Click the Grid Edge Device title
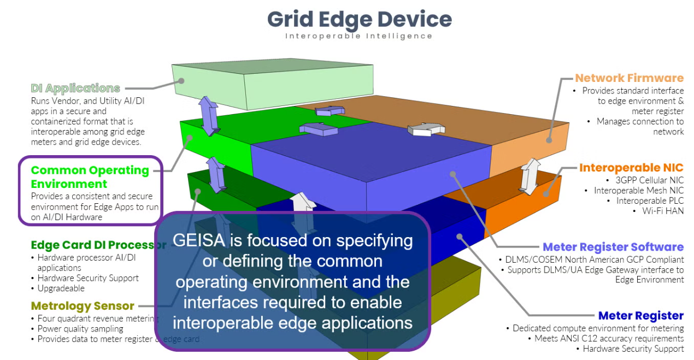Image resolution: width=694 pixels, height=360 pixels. (359, 20)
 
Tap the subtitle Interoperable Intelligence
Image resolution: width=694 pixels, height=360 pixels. (359, 36)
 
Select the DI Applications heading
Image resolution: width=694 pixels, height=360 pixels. (75, 88)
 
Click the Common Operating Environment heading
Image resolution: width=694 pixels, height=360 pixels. (90, 177)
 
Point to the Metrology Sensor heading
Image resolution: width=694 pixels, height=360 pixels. (83, 305)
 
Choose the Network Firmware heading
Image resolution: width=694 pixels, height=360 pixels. (629, 78)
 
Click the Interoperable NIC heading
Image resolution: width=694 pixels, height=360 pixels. (631, 168)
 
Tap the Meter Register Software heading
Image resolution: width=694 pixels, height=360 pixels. (613, 247)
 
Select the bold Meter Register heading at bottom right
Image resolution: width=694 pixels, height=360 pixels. (640, 316)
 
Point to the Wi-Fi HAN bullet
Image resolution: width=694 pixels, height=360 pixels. (663, 210)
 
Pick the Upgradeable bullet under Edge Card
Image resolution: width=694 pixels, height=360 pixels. (61, 288)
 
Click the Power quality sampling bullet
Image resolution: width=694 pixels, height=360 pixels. (80, 329)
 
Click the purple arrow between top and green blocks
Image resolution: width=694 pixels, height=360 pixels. (209, 116)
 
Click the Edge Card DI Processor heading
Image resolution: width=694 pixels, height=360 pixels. (98, 245)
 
